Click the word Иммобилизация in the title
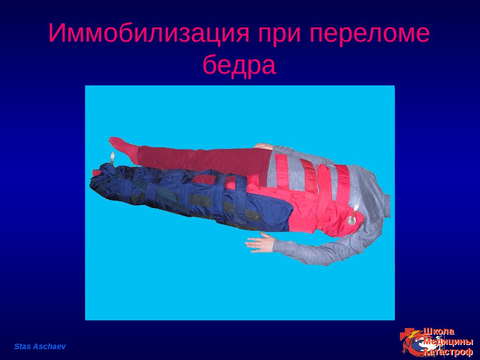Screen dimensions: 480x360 (149, 33)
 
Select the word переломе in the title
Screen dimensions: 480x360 (369, 33)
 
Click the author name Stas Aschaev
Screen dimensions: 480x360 (40, 346)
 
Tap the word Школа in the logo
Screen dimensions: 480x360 (439, 331)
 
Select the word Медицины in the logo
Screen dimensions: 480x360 (448, 342)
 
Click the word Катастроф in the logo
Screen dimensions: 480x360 (448, 352)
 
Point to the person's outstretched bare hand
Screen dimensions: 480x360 (259, 242)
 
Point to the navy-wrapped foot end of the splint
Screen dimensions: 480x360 (104, 180)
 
